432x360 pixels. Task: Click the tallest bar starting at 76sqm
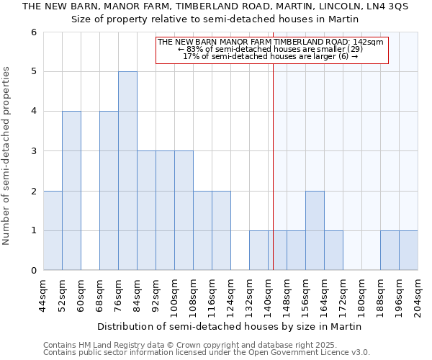click(127, 171)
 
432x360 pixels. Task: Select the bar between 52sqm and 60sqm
click(71, 191)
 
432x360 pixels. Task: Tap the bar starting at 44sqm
click(53, 230)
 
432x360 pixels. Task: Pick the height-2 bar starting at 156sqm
click(315, 230)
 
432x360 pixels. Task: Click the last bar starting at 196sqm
click(408, 251)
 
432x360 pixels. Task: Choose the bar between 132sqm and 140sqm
click(258, 251)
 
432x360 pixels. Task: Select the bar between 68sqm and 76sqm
click(109, 191)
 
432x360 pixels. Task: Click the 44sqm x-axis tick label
click(43, 294)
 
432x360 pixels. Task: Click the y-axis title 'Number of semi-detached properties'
click(7, 156)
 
